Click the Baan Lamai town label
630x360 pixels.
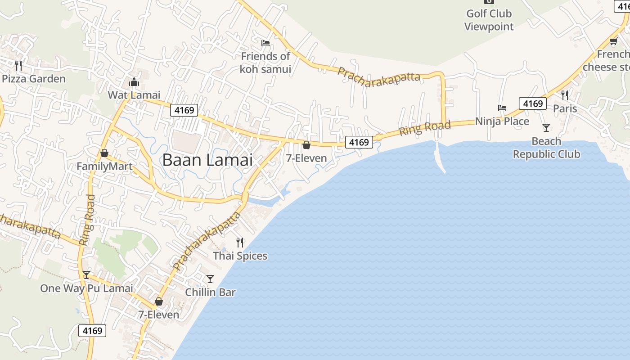point(207,160)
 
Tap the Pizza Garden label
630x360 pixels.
point(34,79)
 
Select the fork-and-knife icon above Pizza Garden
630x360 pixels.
point(18,66)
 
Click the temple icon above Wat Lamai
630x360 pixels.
point(134,82)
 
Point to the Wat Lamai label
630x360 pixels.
point(134,95)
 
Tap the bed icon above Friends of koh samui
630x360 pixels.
point(265,43)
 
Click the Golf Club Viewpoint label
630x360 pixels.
point(489,20)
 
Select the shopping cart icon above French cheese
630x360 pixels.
point(613,42)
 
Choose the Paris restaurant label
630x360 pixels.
point(565,108)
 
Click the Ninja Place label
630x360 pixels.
point(502,121)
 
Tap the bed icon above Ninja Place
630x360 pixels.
point(502,108)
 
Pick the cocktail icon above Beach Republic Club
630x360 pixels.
point(546,128)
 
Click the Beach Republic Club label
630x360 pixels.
point(546,148)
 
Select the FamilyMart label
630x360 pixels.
point(104,167)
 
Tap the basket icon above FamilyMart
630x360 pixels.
point(104,153)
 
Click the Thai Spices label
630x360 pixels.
point(240,256)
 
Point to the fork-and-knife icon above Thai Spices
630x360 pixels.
point(240,243)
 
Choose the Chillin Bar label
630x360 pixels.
point(210,292)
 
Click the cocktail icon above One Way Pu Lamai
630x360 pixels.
point(86,275)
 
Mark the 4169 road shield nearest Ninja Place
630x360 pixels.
point(532,104)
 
